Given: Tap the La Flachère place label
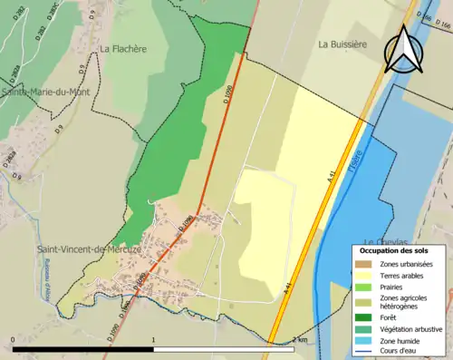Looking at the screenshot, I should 124,50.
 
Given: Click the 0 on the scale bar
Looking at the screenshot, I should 13,341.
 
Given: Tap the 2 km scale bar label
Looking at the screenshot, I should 300,341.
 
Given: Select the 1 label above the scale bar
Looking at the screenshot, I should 154,341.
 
